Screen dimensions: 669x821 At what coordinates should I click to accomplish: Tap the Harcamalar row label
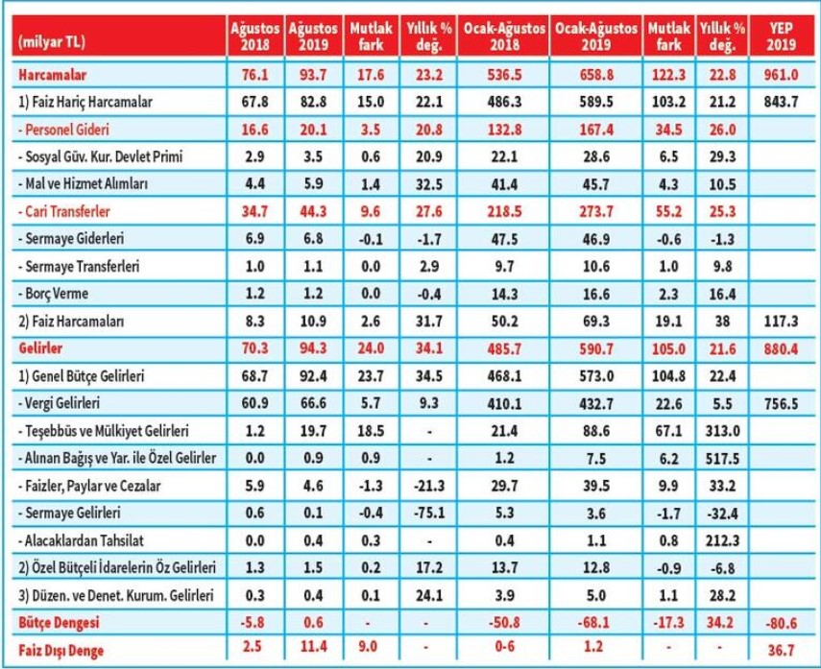coord(47,73)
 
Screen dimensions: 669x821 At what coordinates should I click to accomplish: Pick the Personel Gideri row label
coord(61,127)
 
